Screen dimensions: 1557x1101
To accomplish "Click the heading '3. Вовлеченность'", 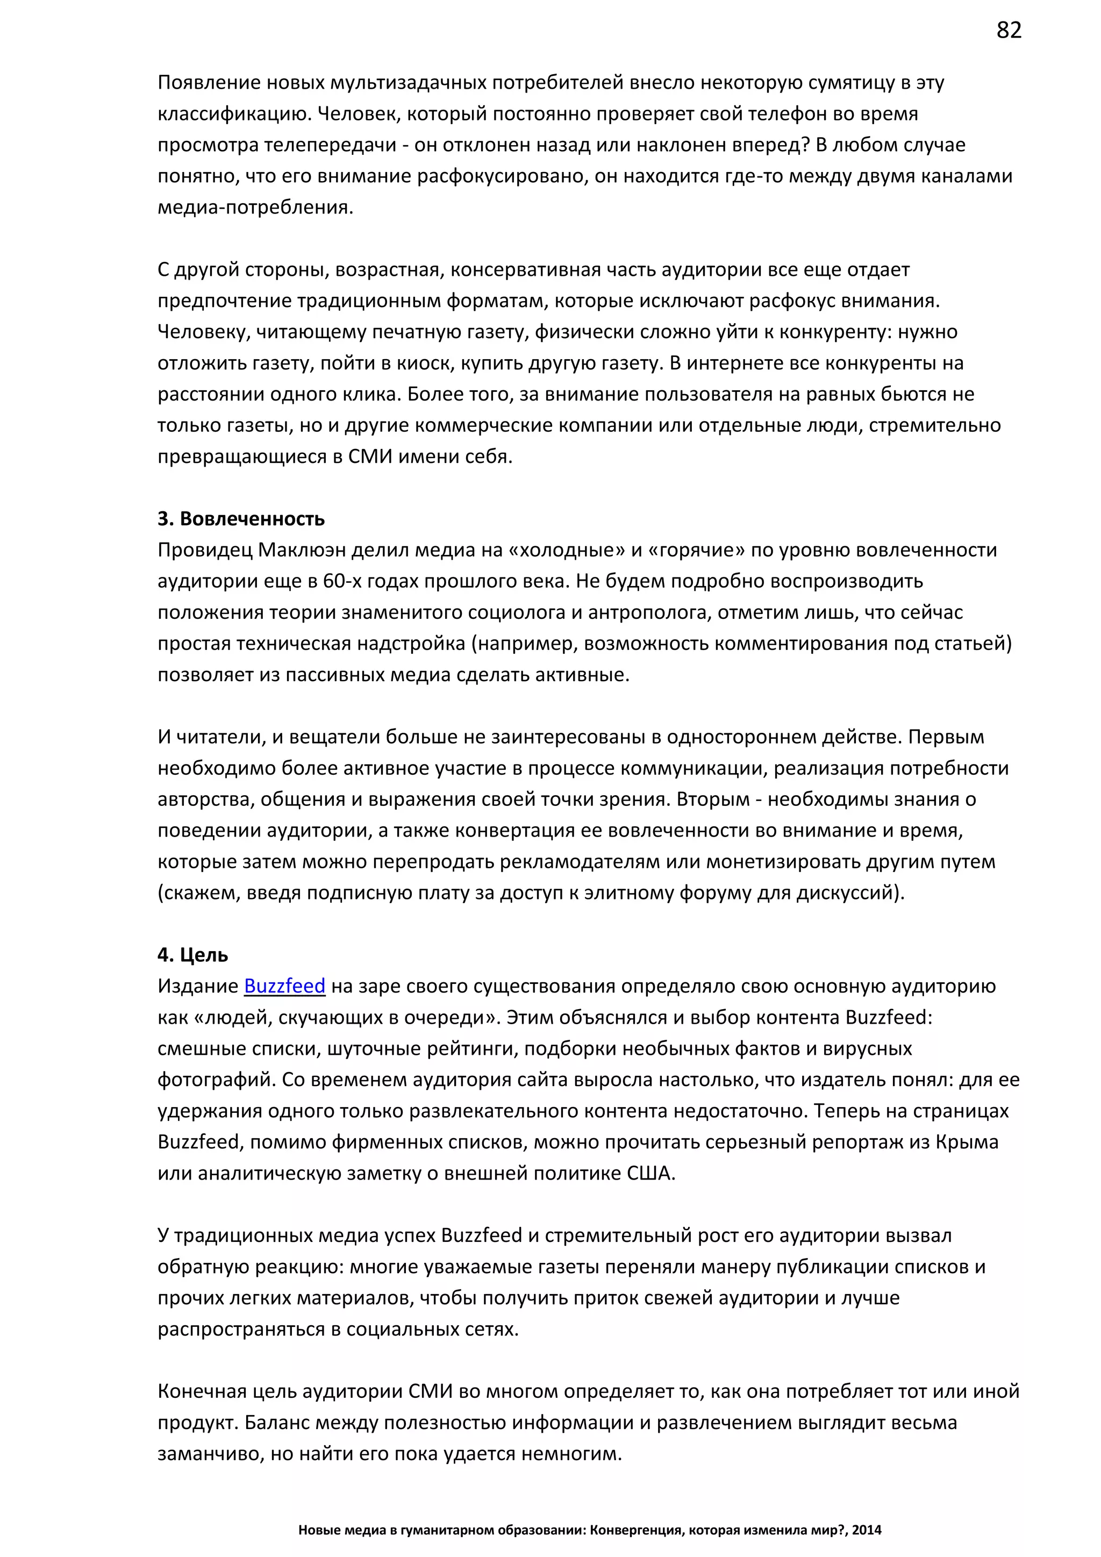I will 241,519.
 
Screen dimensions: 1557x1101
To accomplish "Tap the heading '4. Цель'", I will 192,955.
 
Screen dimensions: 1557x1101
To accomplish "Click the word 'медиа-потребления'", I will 254,207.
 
